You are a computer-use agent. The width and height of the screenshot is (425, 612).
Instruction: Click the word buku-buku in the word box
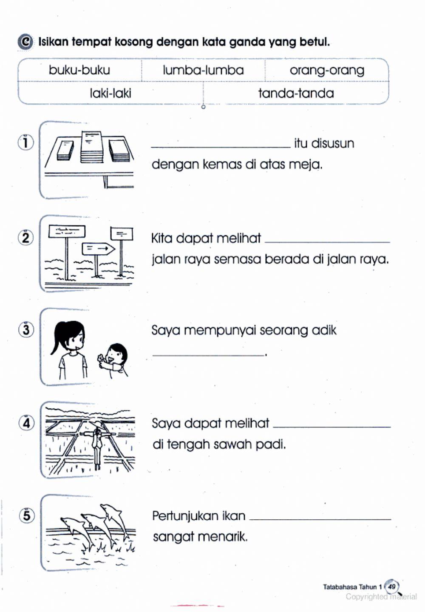tap(79, 70)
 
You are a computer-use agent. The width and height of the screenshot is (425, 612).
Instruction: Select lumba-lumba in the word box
tap(203, 70)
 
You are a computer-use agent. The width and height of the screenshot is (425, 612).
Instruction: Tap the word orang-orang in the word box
tap(327, 70)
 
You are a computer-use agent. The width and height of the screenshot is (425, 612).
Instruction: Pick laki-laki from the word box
tap(110, 93)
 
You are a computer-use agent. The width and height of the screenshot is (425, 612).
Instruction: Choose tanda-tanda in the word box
tap(296, 93)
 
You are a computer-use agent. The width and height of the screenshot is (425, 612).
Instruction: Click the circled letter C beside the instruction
tap(25, 42)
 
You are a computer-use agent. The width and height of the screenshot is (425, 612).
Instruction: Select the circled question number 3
tap(26, 330)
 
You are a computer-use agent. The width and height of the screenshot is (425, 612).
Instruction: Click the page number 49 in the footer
tap(391, 587)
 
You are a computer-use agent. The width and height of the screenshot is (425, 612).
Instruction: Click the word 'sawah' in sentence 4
tap(232, 444)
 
